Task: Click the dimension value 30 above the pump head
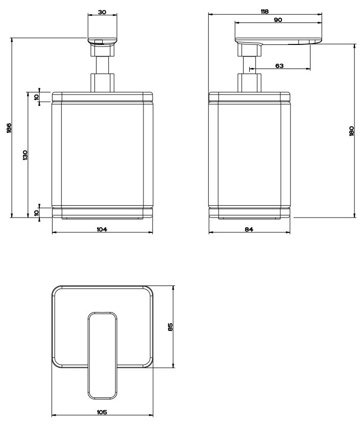tap(102, 12)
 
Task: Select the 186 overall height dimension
tap(9, 128)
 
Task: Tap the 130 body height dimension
tap(25, 155)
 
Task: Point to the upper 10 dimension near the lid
tap(36, 97)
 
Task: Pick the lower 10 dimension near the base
tap(36, 212)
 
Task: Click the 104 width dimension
tap(102, 229)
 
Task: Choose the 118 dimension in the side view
tap(265, 11)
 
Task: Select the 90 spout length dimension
tap(278, 20)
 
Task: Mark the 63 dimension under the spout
tap(279, 65)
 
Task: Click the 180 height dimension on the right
tap(351, 131)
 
